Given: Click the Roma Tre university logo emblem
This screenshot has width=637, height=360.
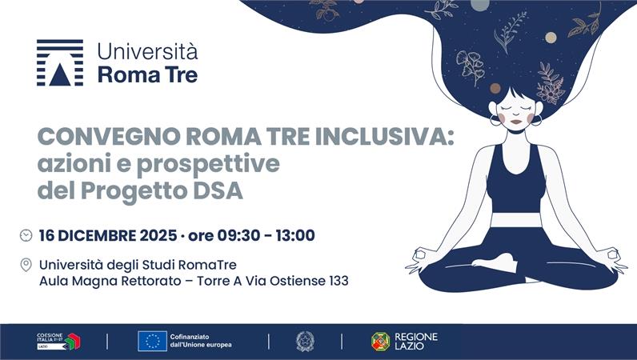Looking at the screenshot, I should (59, 62).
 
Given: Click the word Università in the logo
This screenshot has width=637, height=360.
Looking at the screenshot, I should (147, 52).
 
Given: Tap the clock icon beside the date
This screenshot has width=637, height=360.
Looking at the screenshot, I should (26, 235).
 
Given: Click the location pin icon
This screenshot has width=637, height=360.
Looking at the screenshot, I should (26, 265).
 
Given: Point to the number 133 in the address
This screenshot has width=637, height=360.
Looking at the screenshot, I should (335, 281).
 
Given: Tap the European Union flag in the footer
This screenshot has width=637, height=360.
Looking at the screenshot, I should (152, 341).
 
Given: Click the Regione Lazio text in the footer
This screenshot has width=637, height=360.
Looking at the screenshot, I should (415, 341).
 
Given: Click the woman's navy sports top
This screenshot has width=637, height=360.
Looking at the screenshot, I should (515, 180).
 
